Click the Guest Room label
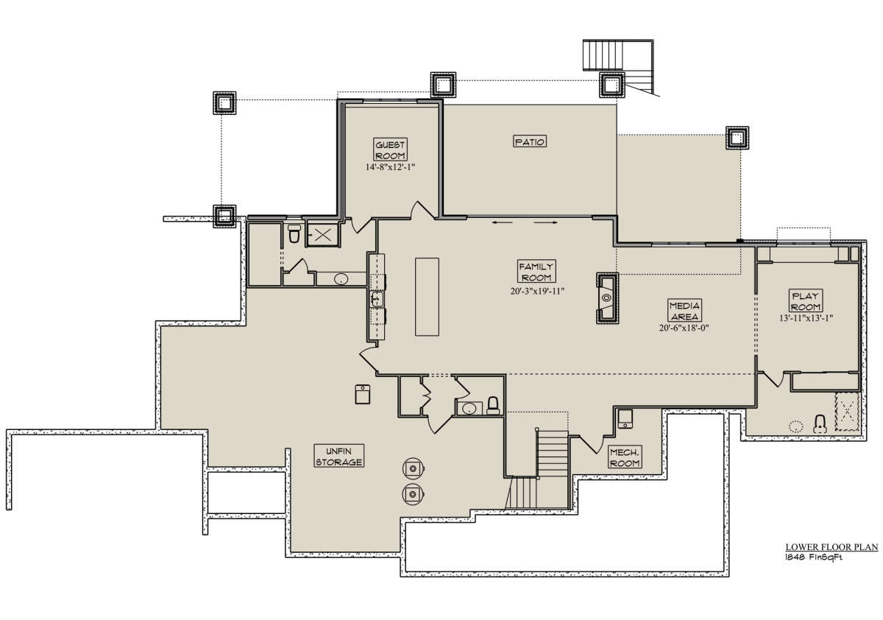pyautogui.click(x=390, y=150)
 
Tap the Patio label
pyautogui.click(x=530, y=141)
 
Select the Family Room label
pyautogui.click(x=536, y=272)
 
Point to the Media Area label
pyautogui.click(x=685, y=311)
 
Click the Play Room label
pyautogui.click(x=806, y=300)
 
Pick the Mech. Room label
pyautogui.click(x=625, y=457)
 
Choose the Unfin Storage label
pyautogui.click(x=339, y=456)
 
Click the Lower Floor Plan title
pyautogui.click(x=831, y=547)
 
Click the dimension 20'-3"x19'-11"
pyautogui.click(x=538, y=291)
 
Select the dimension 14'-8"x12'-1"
pyautogui.click(x=390, y=167)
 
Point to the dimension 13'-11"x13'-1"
pyautogui.click(x=806, y=318)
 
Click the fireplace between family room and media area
pyautogui.click(x=607, y=297)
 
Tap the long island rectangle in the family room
pyautogui.click(x=427, y=297)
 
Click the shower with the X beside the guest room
pyautogui.click(x=323, y=235)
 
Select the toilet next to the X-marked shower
pyautogui.click(x=294, y=233)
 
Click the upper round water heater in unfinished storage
pyautogui.click(x=413, y=468)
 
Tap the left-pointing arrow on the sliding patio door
pyautogui.click(x=502, y=223)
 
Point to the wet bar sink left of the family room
pyautogui.click(x=377, y=299)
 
